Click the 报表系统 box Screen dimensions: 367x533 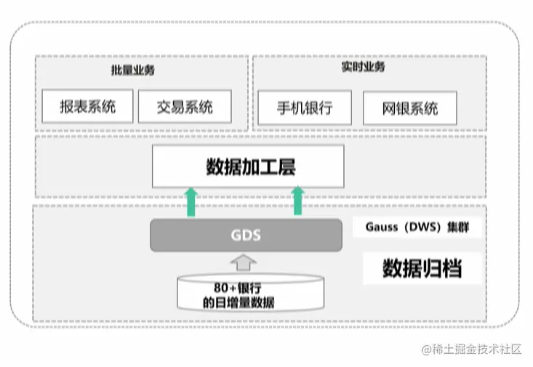click(x=88, y=107)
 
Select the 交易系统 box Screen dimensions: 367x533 click(x=185, y=107)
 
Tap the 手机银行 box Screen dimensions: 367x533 click(x=305, y=108)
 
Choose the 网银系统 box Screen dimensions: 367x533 click(x=410, y=109)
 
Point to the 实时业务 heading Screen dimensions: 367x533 click(x=363, y=68)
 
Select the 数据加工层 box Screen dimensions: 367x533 click(x=248, y=166)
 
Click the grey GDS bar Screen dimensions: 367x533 click(x=246, y=235)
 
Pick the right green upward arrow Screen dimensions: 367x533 click(x=298, y=201)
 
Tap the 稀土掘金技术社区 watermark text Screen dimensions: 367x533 click(x=478, y=349)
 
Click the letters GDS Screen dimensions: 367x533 click(x=246, y=235)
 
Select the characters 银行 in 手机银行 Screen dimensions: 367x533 click(x=318, y=108)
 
